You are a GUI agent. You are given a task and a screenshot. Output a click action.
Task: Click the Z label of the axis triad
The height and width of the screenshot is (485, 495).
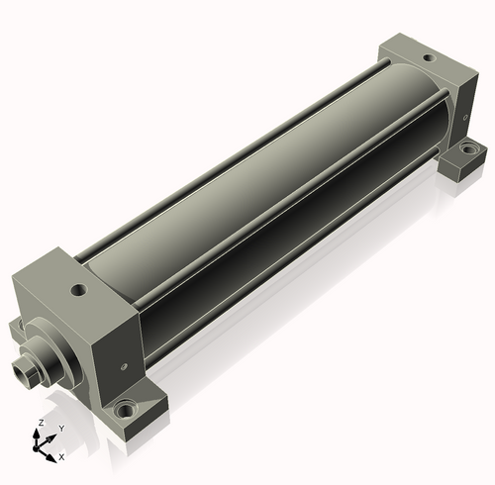42,423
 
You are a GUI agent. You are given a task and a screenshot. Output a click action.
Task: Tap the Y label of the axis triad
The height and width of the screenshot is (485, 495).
61,429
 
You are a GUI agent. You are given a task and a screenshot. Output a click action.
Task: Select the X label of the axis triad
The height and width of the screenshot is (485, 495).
61,457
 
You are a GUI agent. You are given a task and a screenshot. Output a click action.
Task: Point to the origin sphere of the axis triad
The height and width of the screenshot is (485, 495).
36,448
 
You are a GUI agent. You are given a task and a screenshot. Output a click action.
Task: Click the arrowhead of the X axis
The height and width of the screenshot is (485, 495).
50,458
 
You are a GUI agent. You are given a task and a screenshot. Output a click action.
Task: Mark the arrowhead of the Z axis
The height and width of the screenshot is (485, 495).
36,433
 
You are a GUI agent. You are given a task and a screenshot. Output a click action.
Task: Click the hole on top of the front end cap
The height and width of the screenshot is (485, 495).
79,291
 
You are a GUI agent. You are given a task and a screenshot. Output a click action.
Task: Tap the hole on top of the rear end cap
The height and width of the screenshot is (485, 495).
429,58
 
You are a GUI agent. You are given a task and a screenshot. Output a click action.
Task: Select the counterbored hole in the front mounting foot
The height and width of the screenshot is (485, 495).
126,411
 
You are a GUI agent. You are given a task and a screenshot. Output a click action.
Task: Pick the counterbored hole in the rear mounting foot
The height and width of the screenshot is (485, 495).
467,148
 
